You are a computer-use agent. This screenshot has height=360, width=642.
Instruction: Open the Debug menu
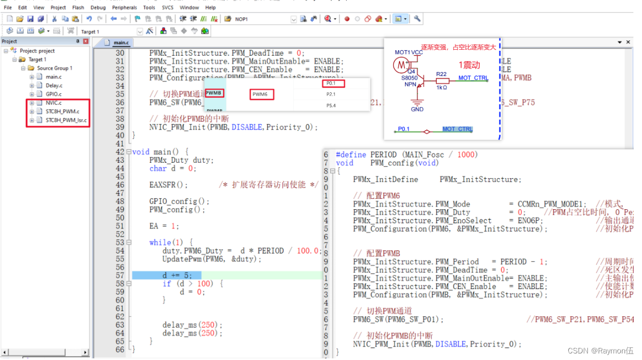[x=98, y=8]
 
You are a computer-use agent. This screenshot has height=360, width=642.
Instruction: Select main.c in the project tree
[x=53, y=77]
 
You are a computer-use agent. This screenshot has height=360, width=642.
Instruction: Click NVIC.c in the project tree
[x=53, y=103]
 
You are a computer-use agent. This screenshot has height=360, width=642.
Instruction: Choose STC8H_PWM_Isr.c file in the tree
[x=66, y=120]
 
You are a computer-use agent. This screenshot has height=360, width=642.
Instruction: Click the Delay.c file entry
[x=54, y=86]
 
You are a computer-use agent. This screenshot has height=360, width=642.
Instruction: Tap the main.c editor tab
[x=121, y=43]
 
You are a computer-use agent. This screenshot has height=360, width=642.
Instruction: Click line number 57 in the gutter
[x=120, y=275]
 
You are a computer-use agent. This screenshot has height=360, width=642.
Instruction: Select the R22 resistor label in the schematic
[x=441, y=74]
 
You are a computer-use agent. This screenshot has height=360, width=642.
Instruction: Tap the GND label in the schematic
[x=417, y=109]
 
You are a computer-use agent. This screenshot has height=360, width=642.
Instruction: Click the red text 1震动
[x=469, y=65]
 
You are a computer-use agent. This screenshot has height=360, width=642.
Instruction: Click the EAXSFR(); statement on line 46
[x=168, y=185]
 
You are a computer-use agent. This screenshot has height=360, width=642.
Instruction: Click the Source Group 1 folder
[x=54, y=68]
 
